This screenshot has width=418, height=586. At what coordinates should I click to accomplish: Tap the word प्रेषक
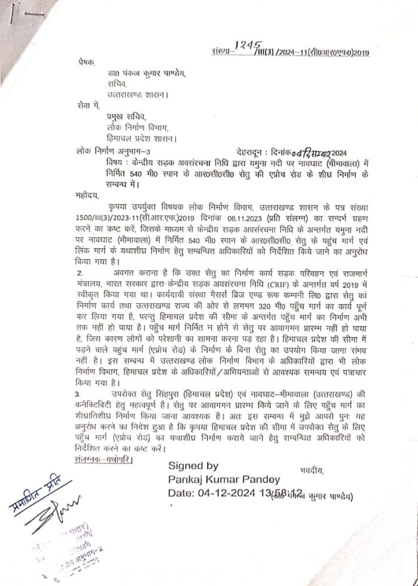tap(86, 62)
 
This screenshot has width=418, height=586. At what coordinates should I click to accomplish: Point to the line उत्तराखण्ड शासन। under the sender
tap(137, 94)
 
